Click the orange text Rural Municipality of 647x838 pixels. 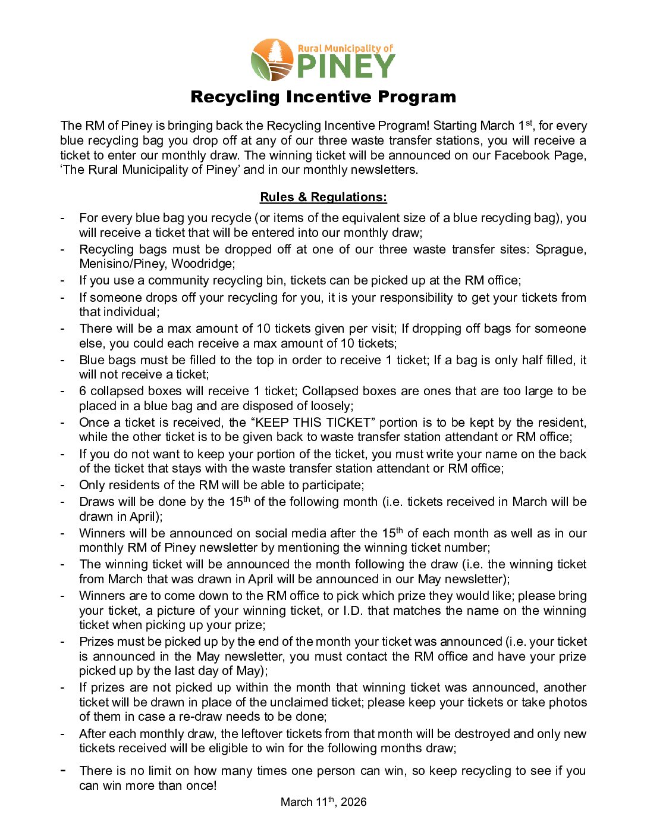[346, 48]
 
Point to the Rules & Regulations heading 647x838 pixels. [323, 197]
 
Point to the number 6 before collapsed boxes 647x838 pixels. [83, 391]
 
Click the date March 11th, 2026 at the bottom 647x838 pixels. [323, 802]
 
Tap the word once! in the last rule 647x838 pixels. [199, 786]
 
